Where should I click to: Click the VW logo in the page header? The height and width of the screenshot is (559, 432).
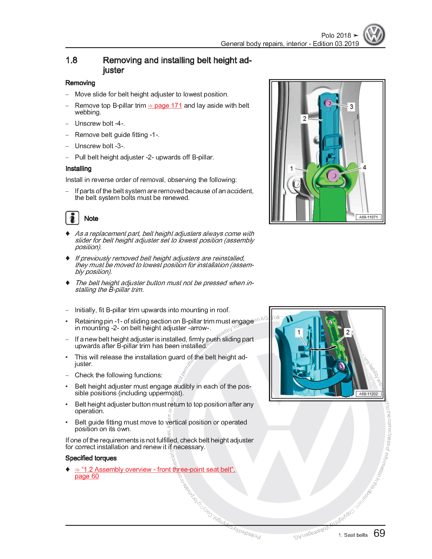pyautogui.click(x=374, y=35)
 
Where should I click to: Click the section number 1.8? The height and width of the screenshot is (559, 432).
pyautogui.click(x=71, y=60)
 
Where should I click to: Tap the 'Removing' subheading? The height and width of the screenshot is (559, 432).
pyautogui.click(x=80, y=83)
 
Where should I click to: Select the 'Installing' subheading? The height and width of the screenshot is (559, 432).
pyautogui.click(x=78, y=169)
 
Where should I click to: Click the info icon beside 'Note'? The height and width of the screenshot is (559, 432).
pyautogui.click(x=72, y=218)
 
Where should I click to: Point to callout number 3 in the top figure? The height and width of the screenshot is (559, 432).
pyautogui.click(x=351, y=107)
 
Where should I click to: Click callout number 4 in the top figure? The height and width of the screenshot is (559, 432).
pyautogui.click(x=364, y=167)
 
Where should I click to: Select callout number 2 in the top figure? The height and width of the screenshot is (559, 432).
pyautogui.click(x=305, y=118)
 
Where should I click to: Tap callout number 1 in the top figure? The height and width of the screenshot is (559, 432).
pyautogui.click(x=291, y=168)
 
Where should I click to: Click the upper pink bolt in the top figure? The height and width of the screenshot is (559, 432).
pyautogui.click(x=328, y=103)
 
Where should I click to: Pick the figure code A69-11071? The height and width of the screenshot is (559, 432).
pyautogui.click(x=368, y=217)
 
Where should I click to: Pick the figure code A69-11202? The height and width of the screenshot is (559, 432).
pyautogui.click(x=368, y=394)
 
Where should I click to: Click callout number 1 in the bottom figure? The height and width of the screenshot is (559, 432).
pyautogui.click(x=299, y=332)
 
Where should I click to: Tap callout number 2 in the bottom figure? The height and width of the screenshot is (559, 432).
pyautogui.click(x=348, y=332)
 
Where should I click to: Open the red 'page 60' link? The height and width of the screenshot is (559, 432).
pyautogui.click(x=87, y=476)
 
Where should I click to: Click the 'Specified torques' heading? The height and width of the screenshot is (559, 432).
pyautogui.click(x=91, y=458)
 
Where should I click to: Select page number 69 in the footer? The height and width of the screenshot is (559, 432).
pyautogui.click(x=379, y=533)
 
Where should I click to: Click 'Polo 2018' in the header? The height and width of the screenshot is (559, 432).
pyautogui.click(x=336, y=35)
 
